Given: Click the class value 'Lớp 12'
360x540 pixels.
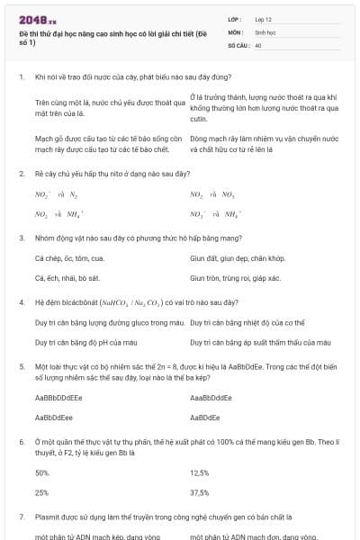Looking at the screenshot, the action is click(265, 18).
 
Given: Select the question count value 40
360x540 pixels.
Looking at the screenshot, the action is click(258, 44).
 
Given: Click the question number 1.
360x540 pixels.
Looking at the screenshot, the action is click(21, 78).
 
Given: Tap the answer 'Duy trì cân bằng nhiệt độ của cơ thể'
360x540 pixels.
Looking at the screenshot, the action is click(246, 321).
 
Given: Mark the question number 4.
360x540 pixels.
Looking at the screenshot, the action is click(21, 302).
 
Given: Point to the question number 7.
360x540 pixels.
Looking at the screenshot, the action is click(21, 517).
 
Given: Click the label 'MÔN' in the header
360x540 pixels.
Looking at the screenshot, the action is click(236, 31).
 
